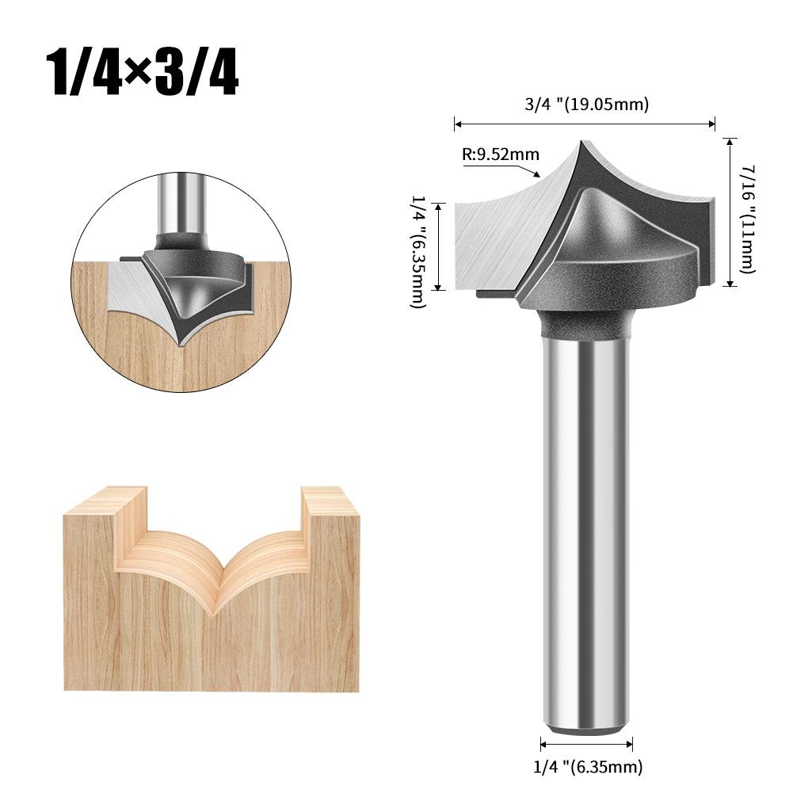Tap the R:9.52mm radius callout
click(x=499, y=154)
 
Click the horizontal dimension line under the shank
click(x=586, y=743)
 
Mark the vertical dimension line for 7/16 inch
click(x=730, y=211)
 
